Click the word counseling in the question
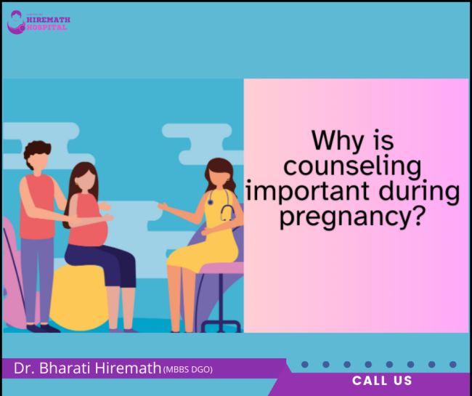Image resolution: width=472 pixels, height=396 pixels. pyautogui.click(x=351, y=166)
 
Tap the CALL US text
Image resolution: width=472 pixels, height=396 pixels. pyautogui.click(x=382, y=381)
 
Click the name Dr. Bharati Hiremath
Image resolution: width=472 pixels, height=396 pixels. pyautogui.click(x=87, y=369)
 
